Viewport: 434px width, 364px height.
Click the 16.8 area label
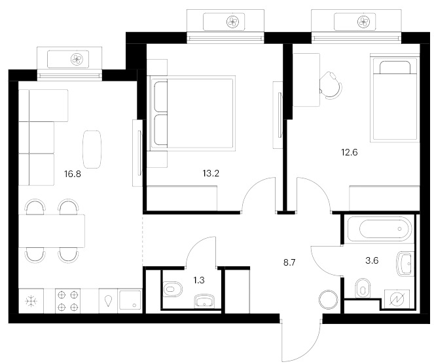73,174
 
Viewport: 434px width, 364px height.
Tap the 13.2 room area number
211,174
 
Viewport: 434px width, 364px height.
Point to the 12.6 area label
350,152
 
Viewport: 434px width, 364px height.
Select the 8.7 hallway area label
289,262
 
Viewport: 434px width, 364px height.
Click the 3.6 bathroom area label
372,260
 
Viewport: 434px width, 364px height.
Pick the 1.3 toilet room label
199,280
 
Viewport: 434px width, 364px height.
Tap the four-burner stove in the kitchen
67,301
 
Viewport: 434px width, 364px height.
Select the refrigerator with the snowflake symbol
31,301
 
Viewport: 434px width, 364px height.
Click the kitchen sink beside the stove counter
130,301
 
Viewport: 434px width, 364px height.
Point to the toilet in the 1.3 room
172,289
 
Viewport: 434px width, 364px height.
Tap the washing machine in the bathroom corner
397,299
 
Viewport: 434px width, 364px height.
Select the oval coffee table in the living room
92,149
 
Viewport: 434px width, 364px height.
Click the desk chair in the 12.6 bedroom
331,85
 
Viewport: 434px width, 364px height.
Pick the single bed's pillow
395,68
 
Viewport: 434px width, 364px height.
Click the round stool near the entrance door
328,300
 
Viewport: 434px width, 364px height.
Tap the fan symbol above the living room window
77,59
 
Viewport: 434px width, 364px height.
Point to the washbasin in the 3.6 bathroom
405,264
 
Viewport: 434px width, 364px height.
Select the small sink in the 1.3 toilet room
204,301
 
